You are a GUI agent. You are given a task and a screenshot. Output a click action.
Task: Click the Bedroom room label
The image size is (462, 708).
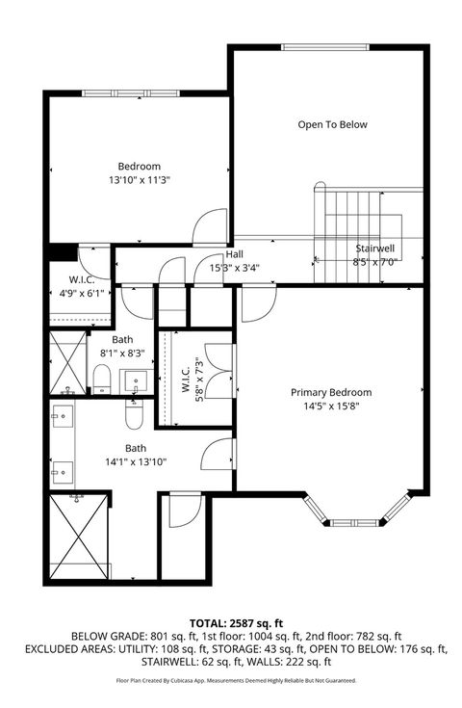point(139,166)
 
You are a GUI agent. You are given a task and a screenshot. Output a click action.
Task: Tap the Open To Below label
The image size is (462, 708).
point(332,124)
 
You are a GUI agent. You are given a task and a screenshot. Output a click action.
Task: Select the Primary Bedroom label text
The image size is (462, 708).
point(331,392)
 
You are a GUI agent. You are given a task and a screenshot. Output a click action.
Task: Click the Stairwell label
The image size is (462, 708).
point(374,248)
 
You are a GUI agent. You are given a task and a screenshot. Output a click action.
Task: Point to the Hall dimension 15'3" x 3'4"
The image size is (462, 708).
point(235,269)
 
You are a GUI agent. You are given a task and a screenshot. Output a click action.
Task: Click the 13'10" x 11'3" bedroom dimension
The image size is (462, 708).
point(139,180)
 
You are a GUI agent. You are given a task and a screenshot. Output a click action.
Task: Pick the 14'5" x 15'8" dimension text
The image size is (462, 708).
point(331,406)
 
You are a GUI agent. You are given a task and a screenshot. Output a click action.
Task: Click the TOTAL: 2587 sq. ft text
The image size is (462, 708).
point(230,624)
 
